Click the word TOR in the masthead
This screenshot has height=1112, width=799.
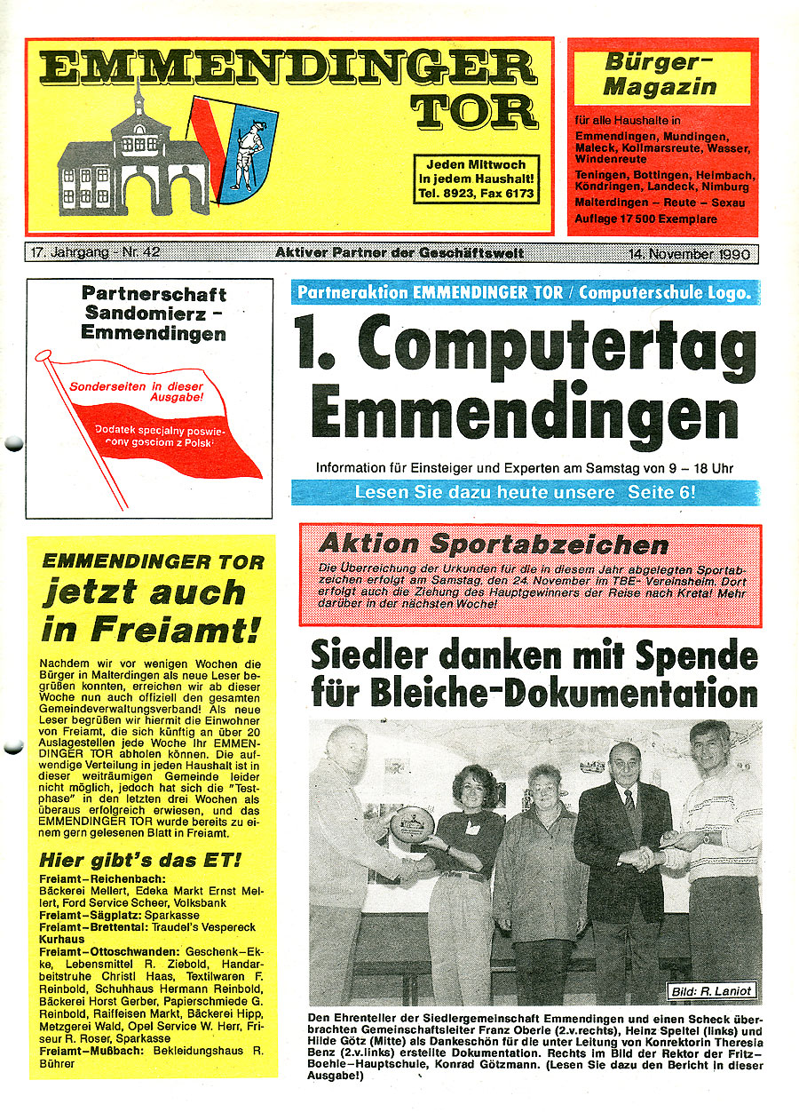pos(478,112)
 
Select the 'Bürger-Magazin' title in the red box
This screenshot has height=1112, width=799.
pos(661,75)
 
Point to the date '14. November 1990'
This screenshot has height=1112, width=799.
pos(689,254)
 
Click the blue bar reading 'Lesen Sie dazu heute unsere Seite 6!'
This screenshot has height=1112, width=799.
pos(525,492)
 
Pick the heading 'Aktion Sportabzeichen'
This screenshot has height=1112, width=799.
pos(493,544)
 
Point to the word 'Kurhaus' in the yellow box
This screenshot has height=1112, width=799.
pos(62,939)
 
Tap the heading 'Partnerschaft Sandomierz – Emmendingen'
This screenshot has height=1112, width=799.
pos(153,314)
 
